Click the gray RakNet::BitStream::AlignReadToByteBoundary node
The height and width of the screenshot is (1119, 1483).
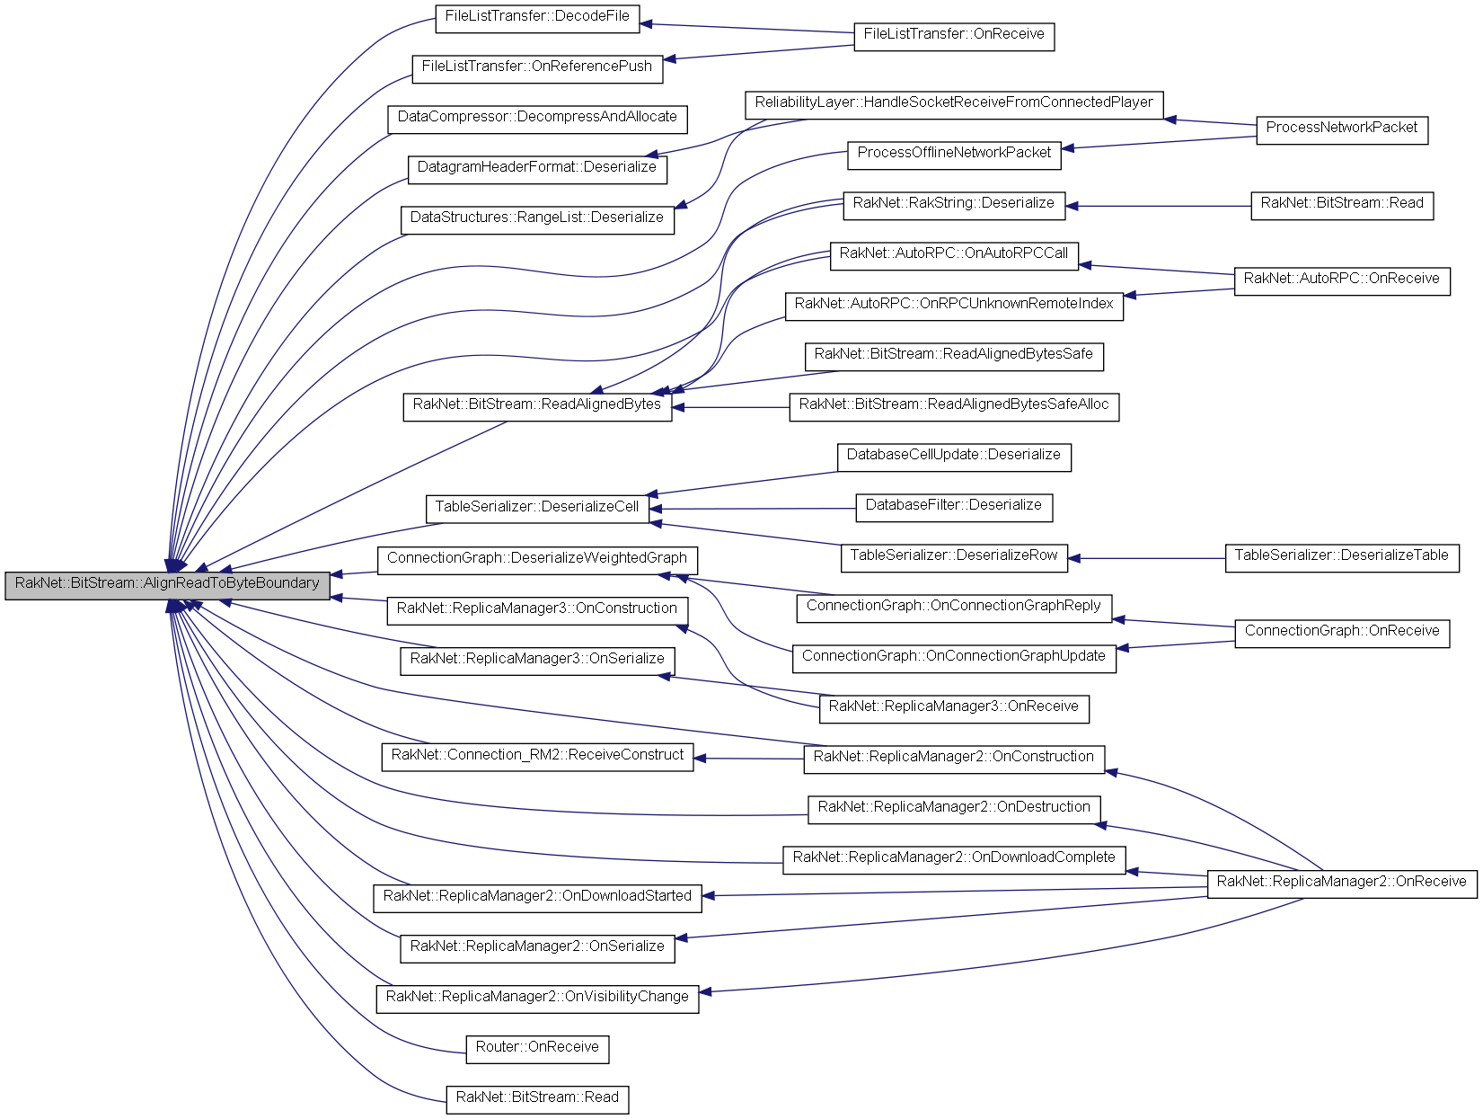click(x=167, y=584)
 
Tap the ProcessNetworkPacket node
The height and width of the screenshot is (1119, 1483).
click(x=1341, y=129)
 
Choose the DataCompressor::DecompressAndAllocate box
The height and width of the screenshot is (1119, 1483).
click(x=537, y=118)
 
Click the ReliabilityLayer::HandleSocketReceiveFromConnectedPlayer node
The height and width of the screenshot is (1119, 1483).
click(x=953, y=103)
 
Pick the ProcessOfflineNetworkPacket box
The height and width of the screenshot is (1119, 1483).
click(x=954, y=154)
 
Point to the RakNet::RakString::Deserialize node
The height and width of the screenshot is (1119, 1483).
click(x=953, y=204)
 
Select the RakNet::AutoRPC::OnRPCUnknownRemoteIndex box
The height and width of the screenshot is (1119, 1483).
click(x=953, y=305)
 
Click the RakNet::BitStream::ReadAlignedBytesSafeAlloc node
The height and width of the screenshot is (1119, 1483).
click(x=953, y=405)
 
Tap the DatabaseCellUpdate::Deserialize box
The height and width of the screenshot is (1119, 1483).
click(x=953, y=456)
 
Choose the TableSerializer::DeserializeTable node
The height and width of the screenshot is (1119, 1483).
click(x=1341, y=556)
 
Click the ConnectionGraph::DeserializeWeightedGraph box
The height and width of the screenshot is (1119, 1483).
click(x=536, y=559)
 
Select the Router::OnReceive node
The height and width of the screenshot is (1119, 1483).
click(x=537, y=1048)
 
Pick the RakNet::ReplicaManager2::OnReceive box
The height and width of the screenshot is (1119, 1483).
click(x=1341, y=883)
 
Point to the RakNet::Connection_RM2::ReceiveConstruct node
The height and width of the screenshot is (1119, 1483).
click(x=537, y=756)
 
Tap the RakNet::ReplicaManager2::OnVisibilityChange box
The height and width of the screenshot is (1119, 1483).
click(x=537, y=998)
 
